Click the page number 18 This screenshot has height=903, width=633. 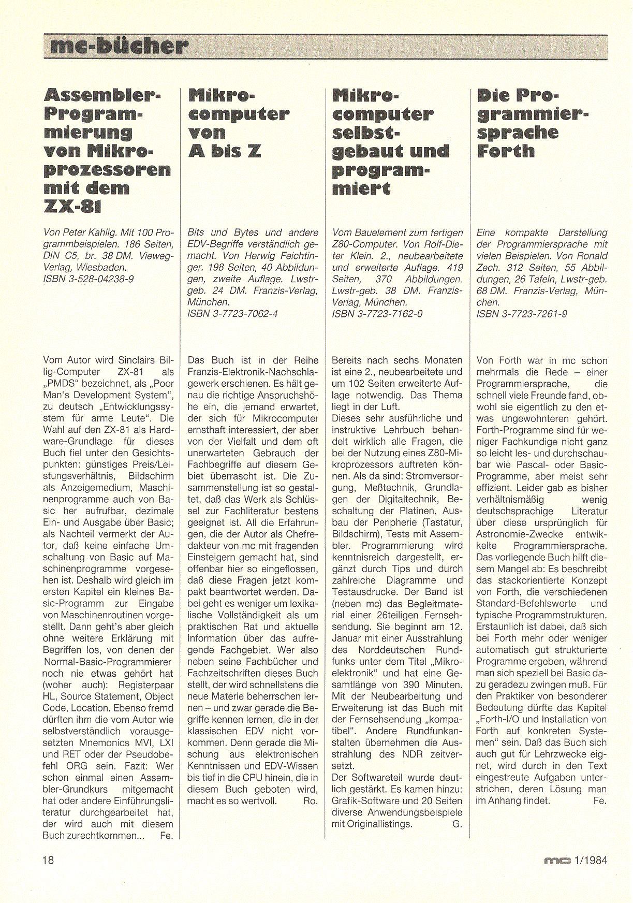[48, 860]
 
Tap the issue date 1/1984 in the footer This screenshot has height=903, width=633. [590, 860]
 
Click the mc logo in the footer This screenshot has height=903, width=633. [557, 861]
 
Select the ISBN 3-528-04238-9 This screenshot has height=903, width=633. [89, 279]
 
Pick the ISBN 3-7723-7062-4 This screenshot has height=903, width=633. [232, 313]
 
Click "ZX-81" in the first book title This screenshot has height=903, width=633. [72, 207]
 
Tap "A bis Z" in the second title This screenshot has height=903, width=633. [225, 151]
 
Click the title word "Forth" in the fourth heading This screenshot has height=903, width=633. [506, 151]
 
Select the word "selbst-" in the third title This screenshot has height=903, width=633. [366, 133]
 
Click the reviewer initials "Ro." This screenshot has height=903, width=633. [311, 801]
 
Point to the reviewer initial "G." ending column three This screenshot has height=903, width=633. [457, 824]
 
